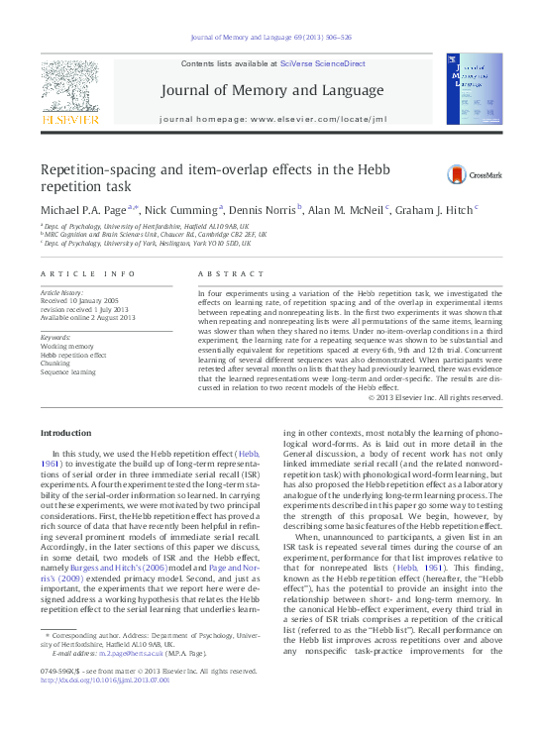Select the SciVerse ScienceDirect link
[322, 63]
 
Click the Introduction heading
[70, 434]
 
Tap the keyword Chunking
[57, 364]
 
